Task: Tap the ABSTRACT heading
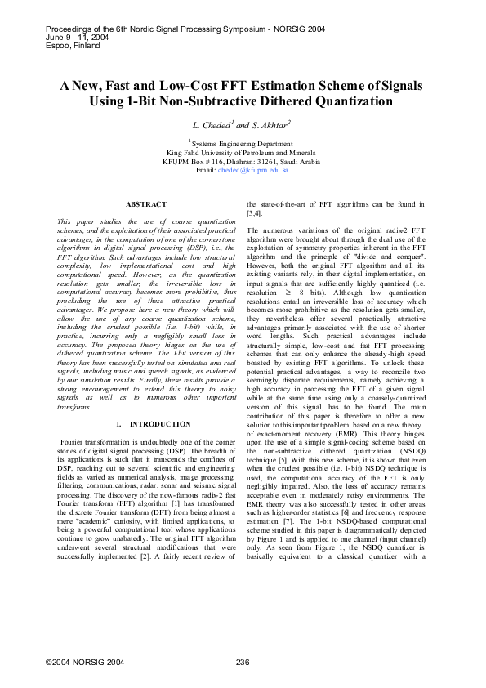[145, 203]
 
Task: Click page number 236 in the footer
[242, 661]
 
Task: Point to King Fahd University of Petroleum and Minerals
[243, 152]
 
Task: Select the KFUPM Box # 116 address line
[243, 161]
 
